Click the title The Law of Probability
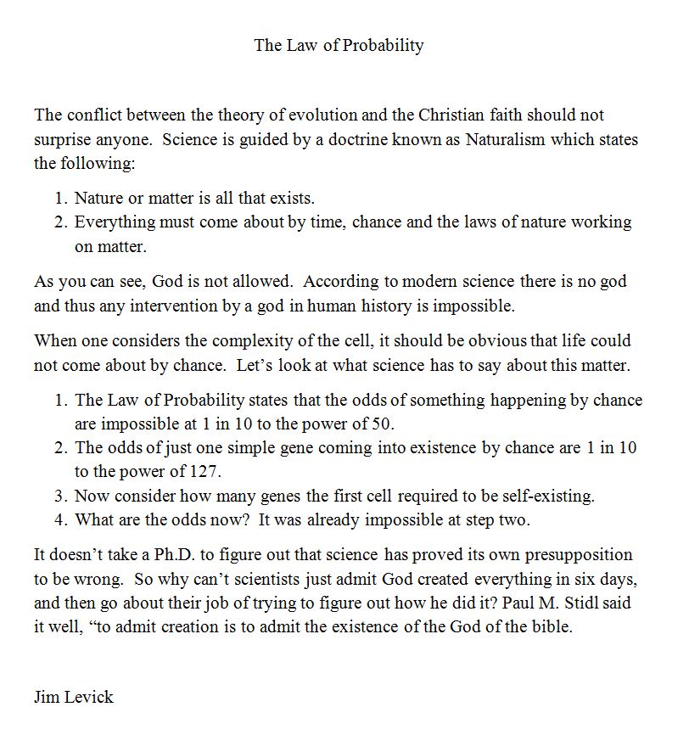point(339,45)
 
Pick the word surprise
point(64,139)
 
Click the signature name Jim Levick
point(74,697)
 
